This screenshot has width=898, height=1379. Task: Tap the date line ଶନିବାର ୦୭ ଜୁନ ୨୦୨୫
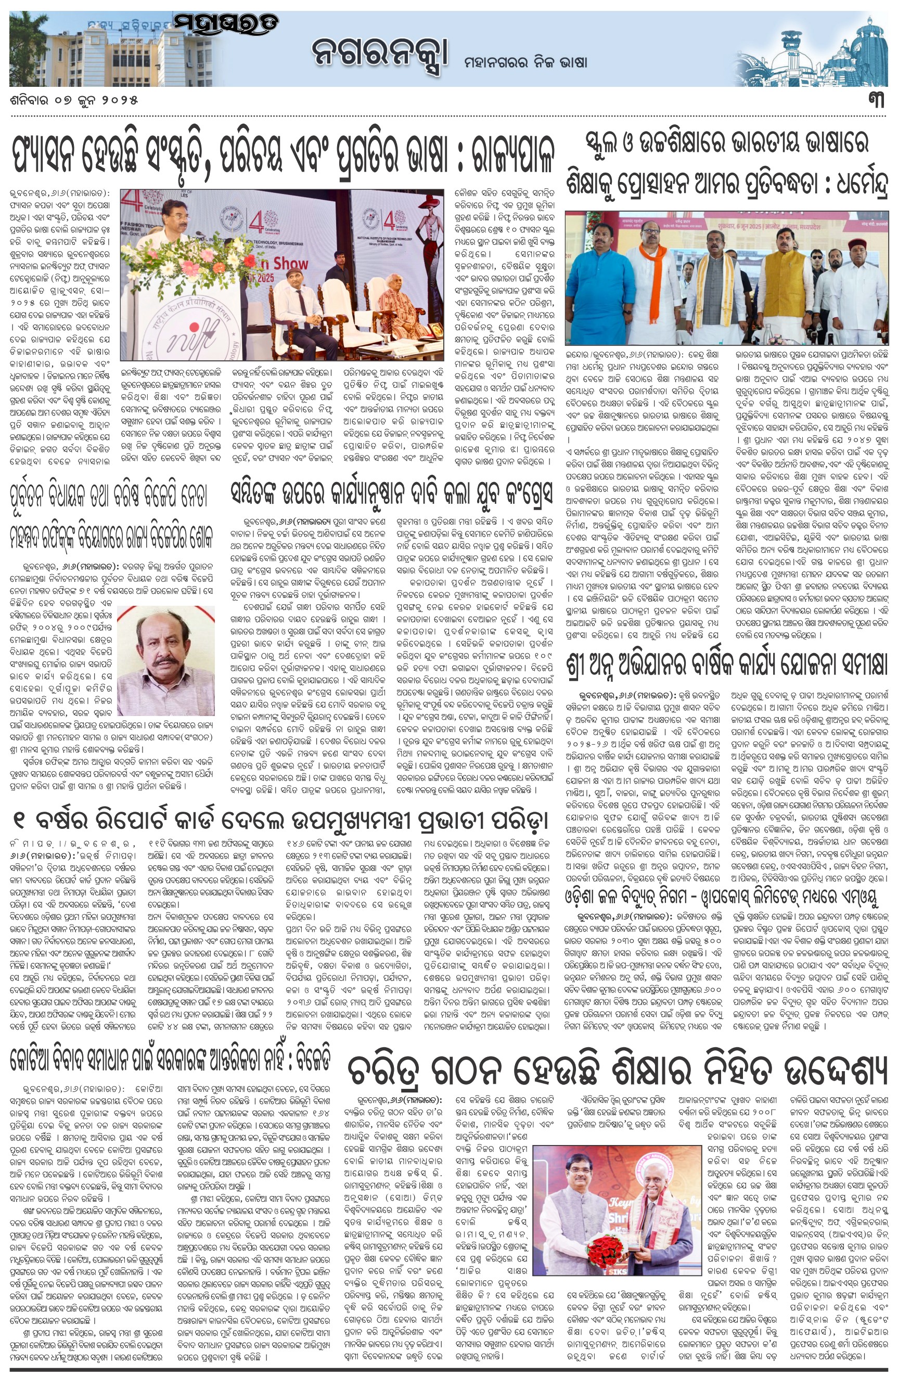(74, 100)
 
